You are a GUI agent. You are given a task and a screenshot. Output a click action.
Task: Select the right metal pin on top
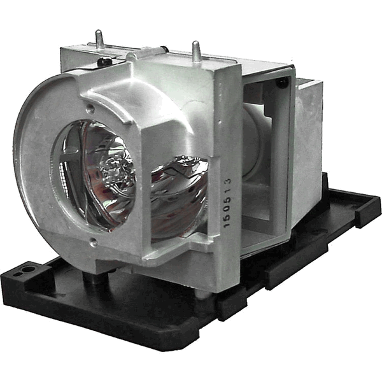(197, 50)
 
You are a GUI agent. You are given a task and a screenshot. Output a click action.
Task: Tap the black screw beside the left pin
(102, 62)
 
